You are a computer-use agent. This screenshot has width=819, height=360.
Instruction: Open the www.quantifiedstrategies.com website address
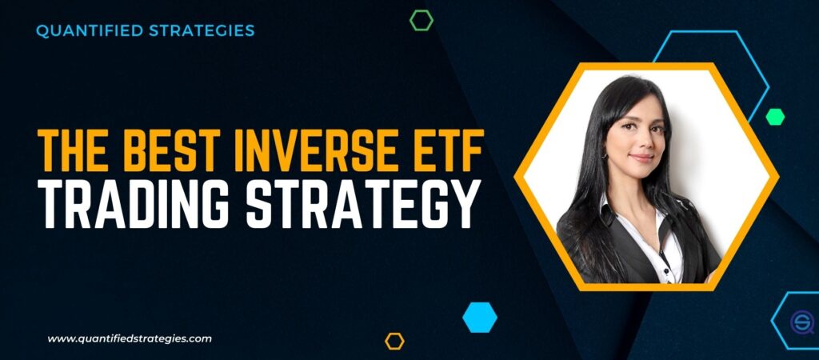(x=130, y=338)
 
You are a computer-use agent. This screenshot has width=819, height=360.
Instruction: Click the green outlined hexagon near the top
(x=421, y=21)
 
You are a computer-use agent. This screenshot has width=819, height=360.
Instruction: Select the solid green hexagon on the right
(x=774, y=116)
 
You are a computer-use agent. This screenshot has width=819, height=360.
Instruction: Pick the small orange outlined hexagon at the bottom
(x=394, y=342)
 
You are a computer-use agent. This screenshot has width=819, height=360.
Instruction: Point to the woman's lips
(x=641, y=158)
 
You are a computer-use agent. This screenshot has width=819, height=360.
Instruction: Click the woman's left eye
(x=655, y=128)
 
